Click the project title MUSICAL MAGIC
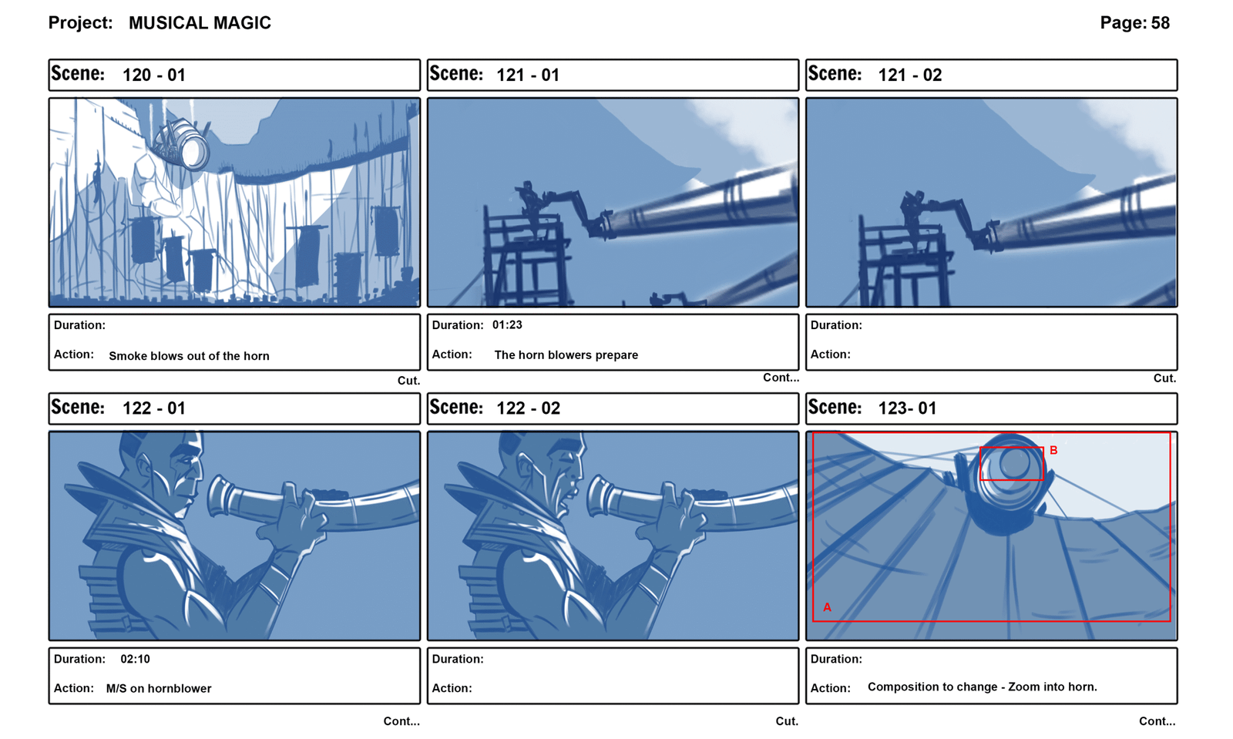coord(200,23)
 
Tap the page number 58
coord(1161,23)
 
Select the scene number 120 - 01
coord(153,75)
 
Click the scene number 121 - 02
coord(910,75)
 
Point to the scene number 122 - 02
coord(529,408)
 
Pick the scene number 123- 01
coord(907,408)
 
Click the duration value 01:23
coord(507,325)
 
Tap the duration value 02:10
coord(135,659)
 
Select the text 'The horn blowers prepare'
coord(566,355)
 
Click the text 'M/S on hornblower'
coord(159,689)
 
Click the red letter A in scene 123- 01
coord(827,607)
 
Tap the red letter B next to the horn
coord(1053,450)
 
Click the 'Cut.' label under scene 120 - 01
coord(408,381)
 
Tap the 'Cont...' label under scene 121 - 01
coord(781,378)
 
